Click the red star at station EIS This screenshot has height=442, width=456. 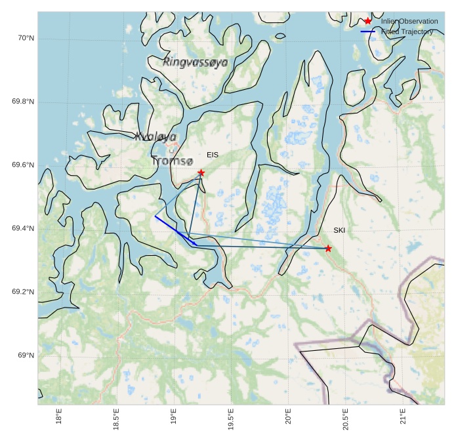point(201,173)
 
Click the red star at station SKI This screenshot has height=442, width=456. point(328,248)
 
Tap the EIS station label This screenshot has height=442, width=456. point(213,155)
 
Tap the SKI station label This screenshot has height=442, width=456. point(339,231)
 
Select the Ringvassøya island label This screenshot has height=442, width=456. point(196,62)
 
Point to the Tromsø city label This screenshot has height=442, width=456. point(173,161)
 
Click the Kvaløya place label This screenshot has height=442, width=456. point(155,137)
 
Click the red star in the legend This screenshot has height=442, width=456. point(368,22)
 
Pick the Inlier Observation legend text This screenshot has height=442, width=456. point(409,22)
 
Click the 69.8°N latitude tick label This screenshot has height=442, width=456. point(23,102)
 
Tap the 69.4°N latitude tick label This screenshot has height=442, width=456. point(23,229)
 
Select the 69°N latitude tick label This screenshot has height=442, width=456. point(25,355)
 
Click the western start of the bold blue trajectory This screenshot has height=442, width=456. point(155,216)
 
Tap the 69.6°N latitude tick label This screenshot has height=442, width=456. point(23,165)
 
